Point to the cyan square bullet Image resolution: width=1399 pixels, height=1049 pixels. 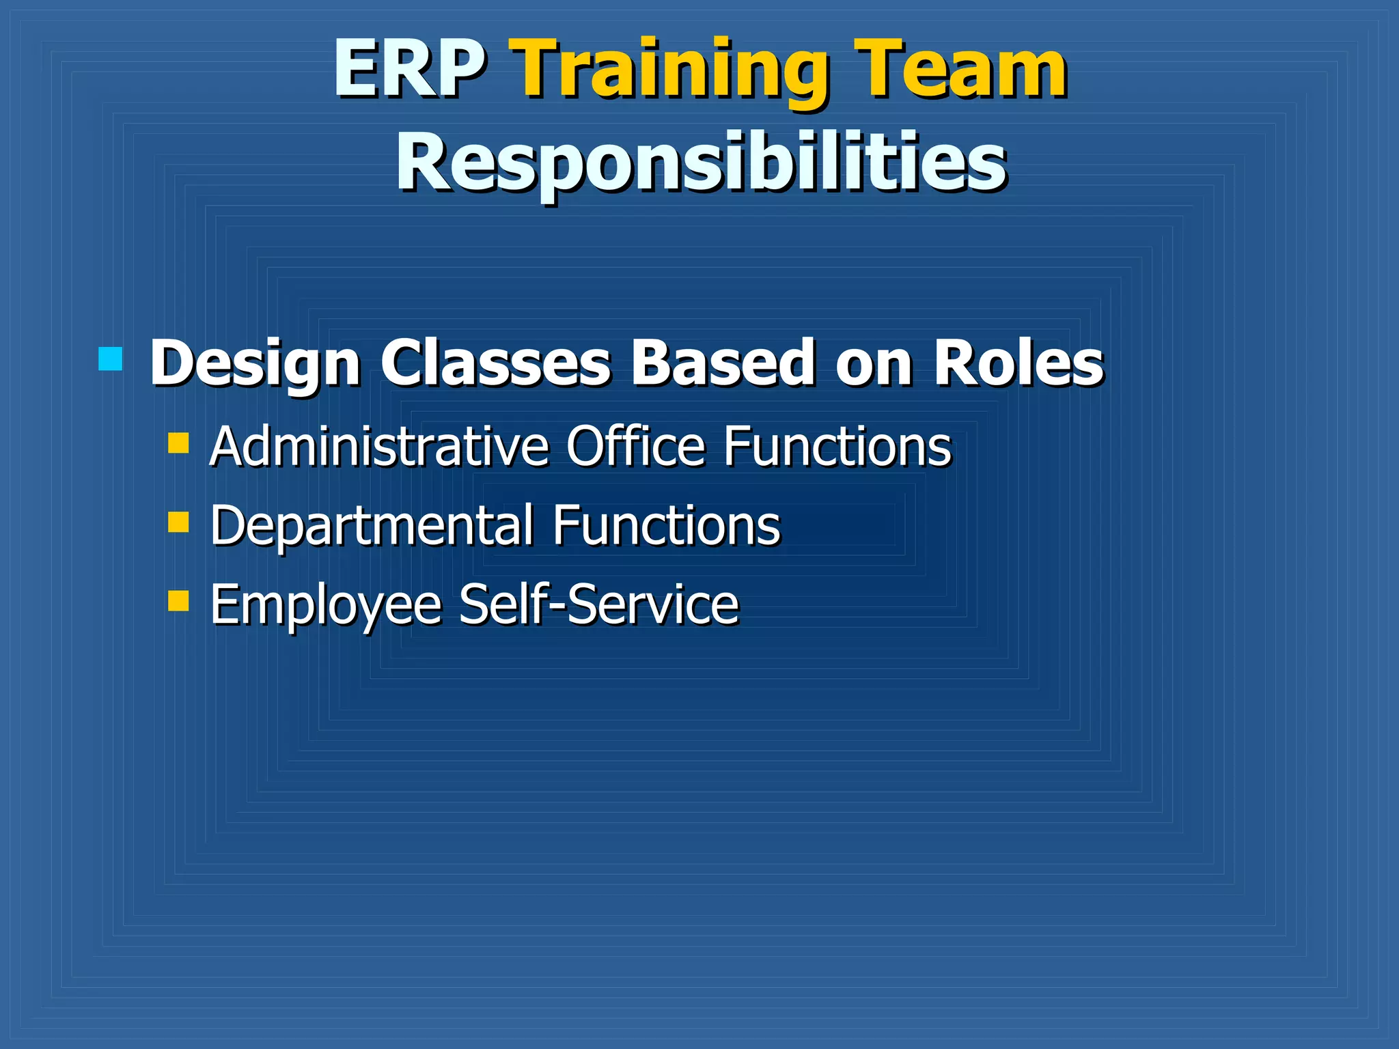coord(110,359)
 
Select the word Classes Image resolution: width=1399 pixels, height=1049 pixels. coord(495,363)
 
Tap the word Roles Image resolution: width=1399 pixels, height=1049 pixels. coord(1018,363)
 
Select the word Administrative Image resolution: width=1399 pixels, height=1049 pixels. coord(379,447)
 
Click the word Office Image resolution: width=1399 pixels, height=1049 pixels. coord(635,447)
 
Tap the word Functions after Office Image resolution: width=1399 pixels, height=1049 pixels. coord(837,447)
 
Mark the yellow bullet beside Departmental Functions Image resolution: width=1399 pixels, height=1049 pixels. coord(178,522)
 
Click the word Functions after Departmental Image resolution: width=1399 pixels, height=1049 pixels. coord(666,527)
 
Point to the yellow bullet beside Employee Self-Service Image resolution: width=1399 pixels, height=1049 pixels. coord(178,601)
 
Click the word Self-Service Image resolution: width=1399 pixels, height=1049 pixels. coord(598,604)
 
